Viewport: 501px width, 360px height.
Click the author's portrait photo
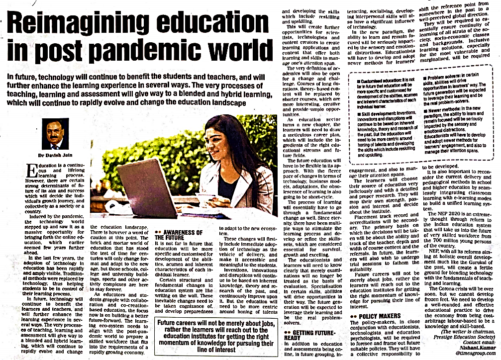pyautogui.click(x=56, y=134)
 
